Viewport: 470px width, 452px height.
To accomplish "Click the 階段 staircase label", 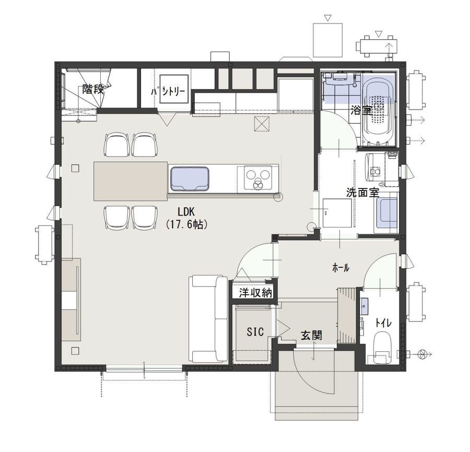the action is point(93,89).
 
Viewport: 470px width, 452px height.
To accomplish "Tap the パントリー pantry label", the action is point(168,92).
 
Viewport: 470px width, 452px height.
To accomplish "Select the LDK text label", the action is point(186,212).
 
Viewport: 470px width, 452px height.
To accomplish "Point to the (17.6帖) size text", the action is point(186,224).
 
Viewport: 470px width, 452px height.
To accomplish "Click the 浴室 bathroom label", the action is point(361,111).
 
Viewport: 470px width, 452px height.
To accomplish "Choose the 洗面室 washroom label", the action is point(363,192).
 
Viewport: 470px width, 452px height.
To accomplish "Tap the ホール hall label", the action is point(341,268).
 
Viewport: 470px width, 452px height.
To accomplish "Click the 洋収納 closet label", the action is point(255,293).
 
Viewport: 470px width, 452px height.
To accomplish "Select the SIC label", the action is point(255,331).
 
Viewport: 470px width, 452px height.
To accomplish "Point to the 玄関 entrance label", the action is point(311,336).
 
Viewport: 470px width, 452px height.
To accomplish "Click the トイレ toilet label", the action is point(383,323).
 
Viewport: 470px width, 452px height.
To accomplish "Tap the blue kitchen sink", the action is point(190,179).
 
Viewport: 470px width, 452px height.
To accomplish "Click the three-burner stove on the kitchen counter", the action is point(257,177).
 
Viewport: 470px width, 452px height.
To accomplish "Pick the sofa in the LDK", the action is point(208,319).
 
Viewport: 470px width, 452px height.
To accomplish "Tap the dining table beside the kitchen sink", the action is point(131,181).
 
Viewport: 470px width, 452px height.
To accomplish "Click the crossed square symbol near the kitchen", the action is point(262,124).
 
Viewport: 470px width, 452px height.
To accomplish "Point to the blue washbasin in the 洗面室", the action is point(386,213).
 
